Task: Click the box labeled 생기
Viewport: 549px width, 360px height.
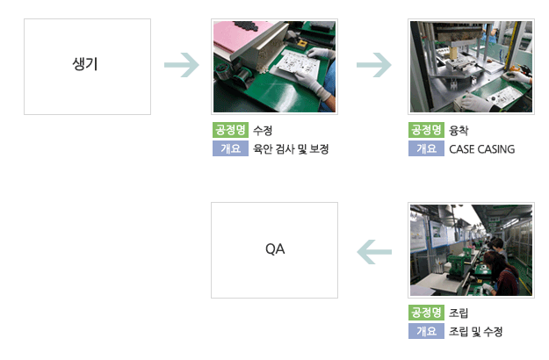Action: pos(87,67)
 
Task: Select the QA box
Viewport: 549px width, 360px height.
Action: pos(274,250)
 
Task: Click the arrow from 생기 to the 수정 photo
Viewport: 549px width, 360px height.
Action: pos(182,65)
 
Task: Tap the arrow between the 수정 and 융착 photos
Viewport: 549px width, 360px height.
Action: pos(374,65)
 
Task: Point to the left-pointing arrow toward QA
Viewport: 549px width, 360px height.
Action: pos(374,252)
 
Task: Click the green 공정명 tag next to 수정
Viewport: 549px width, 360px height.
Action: pos(230,130)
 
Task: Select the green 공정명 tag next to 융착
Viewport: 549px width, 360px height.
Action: pos(426,130)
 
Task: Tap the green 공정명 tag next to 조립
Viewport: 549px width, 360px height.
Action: pos(426,313)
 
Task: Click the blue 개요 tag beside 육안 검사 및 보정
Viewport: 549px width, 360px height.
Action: pos(230,148)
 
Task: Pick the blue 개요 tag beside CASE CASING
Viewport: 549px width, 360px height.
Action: pos(426,148)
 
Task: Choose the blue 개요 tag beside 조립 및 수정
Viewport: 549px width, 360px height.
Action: pos(426,331)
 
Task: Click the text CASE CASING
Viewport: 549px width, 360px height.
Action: pos(481,149)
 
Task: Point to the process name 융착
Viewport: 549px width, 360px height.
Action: pos(459,131)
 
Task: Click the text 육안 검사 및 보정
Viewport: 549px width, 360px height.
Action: pos(291,149)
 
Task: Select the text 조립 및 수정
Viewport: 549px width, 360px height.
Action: pos(476,331)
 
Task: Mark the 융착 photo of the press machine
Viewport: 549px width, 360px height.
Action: pos(472,67)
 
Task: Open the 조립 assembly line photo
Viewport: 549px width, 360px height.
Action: pos(472,250)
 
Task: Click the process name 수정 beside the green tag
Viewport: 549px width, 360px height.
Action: pos(263,131)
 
